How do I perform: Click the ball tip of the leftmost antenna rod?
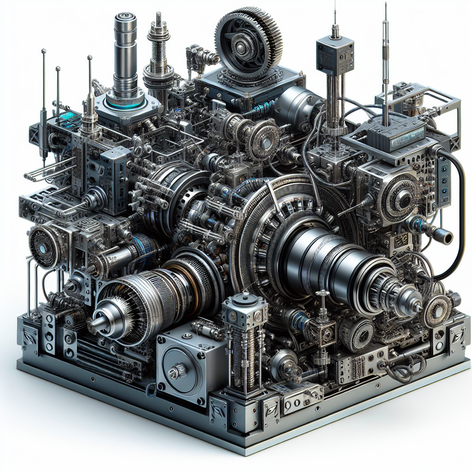pos(43,50)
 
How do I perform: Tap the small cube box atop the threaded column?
pos(335,54)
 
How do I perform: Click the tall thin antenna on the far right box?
pos(385,65)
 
